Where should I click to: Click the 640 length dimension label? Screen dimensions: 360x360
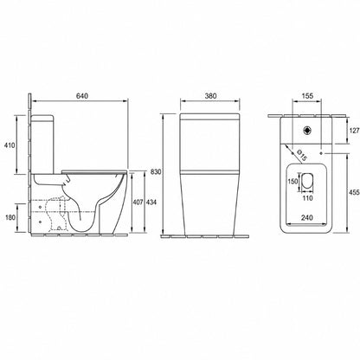pyautogui.click(x=82, y=96)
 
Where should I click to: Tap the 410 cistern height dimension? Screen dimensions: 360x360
pyautogui.click(x=10, y=145)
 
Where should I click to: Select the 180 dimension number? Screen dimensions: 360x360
pyautogui.click(x=10, y=217)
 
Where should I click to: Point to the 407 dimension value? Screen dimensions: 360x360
pyautogui.click(x=138, y=202)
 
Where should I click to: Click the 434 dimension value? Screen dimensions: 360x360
pyautogui.click(x=151, y=202)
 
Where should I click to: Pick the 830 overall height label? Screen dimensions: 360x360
pyautogui.click(x=156, y=172)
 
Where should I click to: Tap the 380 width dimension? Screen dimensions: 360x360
pyautogui.click(x=210, y=96)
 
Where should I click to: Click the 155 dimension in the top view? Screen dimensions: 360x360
pyautogui.click(x=307, y=96)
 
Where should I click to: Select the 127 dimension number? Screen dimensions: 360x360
pyautogui.click(x=354, y=131)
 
